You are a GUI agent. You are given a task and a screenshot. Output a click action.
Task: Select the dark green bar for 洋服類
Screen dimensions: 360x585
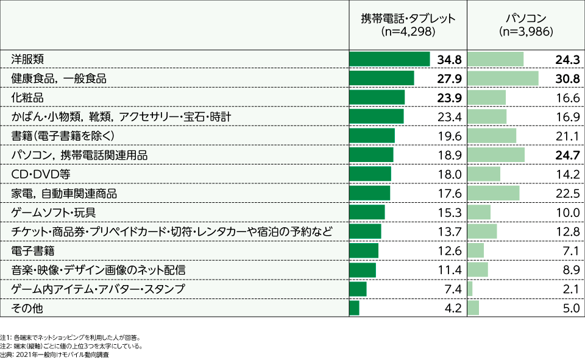coord(389,59)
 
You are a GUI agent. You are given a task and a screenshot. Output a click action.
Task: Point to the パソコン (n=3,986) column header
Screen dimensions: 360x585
coord(525,24)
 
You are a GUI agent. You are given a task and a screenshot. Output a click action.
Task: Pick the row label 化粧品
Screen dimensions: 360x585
coord(28,97)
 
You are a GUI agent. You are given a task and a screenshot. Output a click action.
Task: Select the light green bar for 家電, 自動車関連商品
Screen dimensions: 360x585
coord(493,194)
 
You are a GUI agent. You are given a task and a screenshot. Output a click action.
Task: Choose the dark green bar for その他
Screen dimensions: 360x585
coord(354,308)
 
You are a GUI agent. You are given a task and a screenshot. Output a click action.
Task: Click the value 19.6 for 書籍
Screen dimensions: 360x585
coord(451,136)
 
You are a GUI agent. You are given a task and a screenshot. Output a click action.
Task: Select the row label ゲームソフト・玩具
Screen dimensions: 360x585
coord(54,213)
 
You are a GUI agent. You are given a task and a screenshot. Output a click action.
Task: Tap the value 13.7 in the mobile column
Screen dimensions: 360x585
coord(451,232)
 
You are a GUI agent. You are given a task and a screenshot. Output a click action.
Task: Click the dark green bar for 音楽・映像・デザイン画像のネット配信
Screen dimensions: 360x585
coord(363,270)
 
